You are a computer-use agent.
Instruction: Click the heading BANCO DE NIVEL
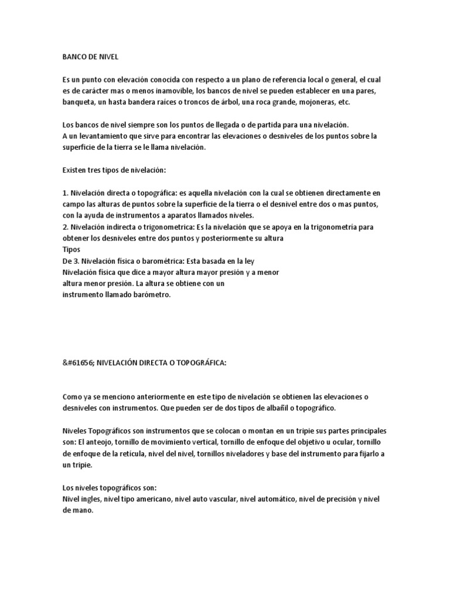[x=90, y=57]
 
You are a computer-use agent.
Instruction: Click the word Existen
[x=75, y=170]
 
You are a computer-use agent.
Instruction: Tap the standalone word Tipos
[x=71, y=249]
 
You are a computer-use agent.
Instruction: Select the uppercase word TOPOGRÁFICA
[x=196, y=363]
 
